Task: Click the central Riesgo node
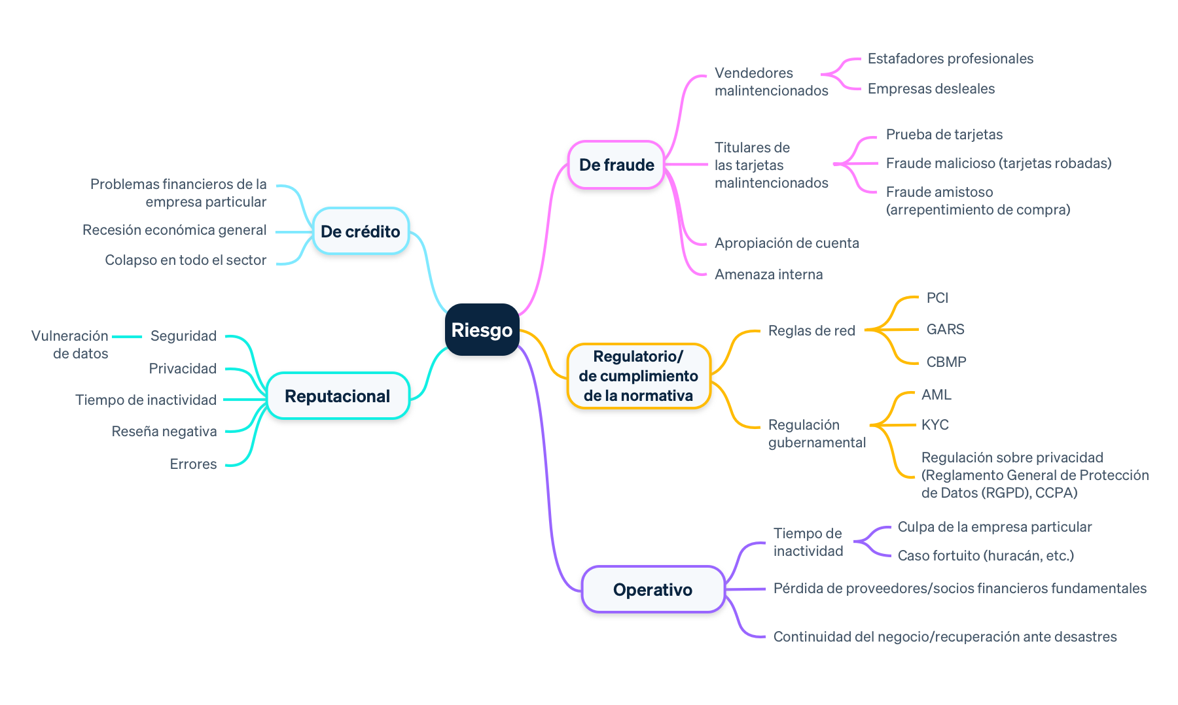482,330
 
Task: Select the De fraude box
616,165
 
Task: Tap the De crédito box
360,232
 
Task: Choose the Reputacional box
337,396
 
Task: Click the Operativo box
652,590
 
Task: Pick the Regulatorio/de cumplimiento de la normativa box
638,376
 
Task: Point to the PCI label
937,298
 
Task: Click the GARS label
945,330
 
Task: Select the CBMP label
946,362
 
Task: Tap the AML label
937,395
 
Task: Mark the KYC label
935,425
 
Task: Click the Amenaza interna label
768,275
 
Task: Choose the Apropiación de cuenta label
787,243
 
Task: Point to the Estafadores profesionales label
950,59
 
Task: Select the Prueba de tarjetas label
944,135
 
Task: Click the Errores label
193,464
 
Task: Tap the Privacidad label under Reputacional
183,369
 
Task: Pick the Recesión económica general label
174,230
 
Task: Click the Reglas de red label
812,331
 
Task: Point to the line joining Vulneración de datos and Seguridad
127,337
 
